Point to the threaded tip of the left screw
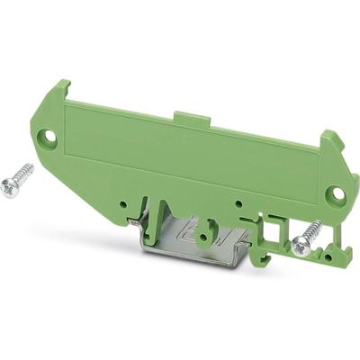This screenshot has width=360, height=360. coord(34,166)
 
